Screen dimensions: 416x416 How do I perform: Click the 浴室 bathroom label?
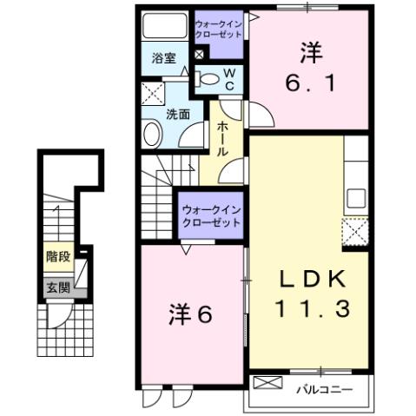pyautogui.click(x=164, y=59)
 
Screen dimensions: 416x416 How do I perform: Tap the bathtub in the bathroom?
pyautogui.click(x=164, y=26)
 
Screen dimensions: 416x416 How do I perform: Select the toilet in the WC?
pyautogui.click(x=208, y=80)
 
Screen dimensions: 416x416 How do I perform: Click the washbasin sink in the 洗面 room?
pyautogui.click(x=152, y=134)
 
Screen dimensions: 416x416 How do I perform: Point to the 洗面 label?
pyautogui.click(x=178, y=114)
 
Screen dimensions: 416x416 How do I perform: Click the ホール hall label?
pyautogui.click(x=222, y=138)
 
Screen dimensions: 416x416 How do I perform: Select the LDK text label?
pyautogui.click(x=312, y=279)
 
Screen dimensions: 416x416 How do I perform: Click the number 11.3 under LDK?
pyautogui.click(x=312, y=307)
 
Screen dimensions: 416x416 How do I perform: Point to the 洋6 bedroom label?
pyautogui.click(x=189, y=314)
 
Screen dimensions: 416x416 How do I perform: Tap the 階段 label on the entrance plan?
pyautogui.click(x=58, y=256)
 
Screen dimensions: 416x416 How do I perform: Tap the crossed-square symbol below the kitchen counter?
pyautogui.click(x=355, y=232)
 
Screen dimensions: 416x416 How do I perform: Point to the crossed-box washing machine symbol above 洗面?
pyautogui.click(x=153, y=94)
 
